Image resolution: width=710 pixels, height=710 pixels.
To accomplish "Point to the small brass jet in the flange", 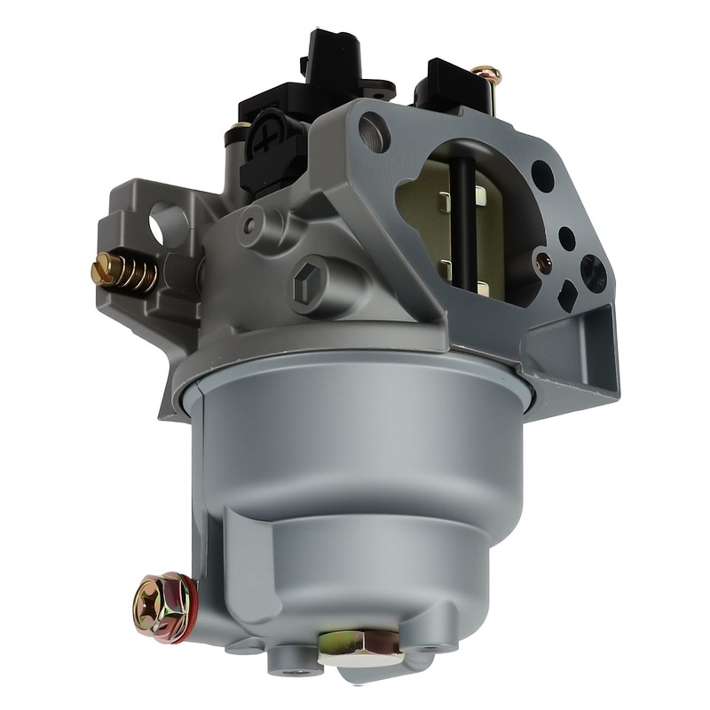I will [544, 263].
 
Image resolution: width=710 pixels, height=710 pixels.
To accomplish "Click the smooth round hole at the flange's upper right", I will [543, 176].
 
